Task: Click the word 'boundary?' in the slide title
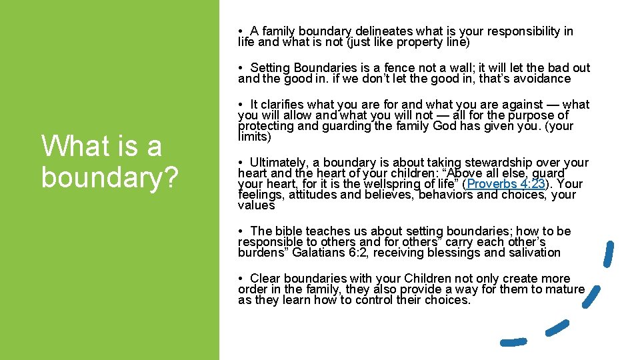tap(109, 175)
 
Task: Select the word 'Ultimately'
tap(279, 163)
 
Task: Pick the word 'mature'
tap(565, 289)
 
